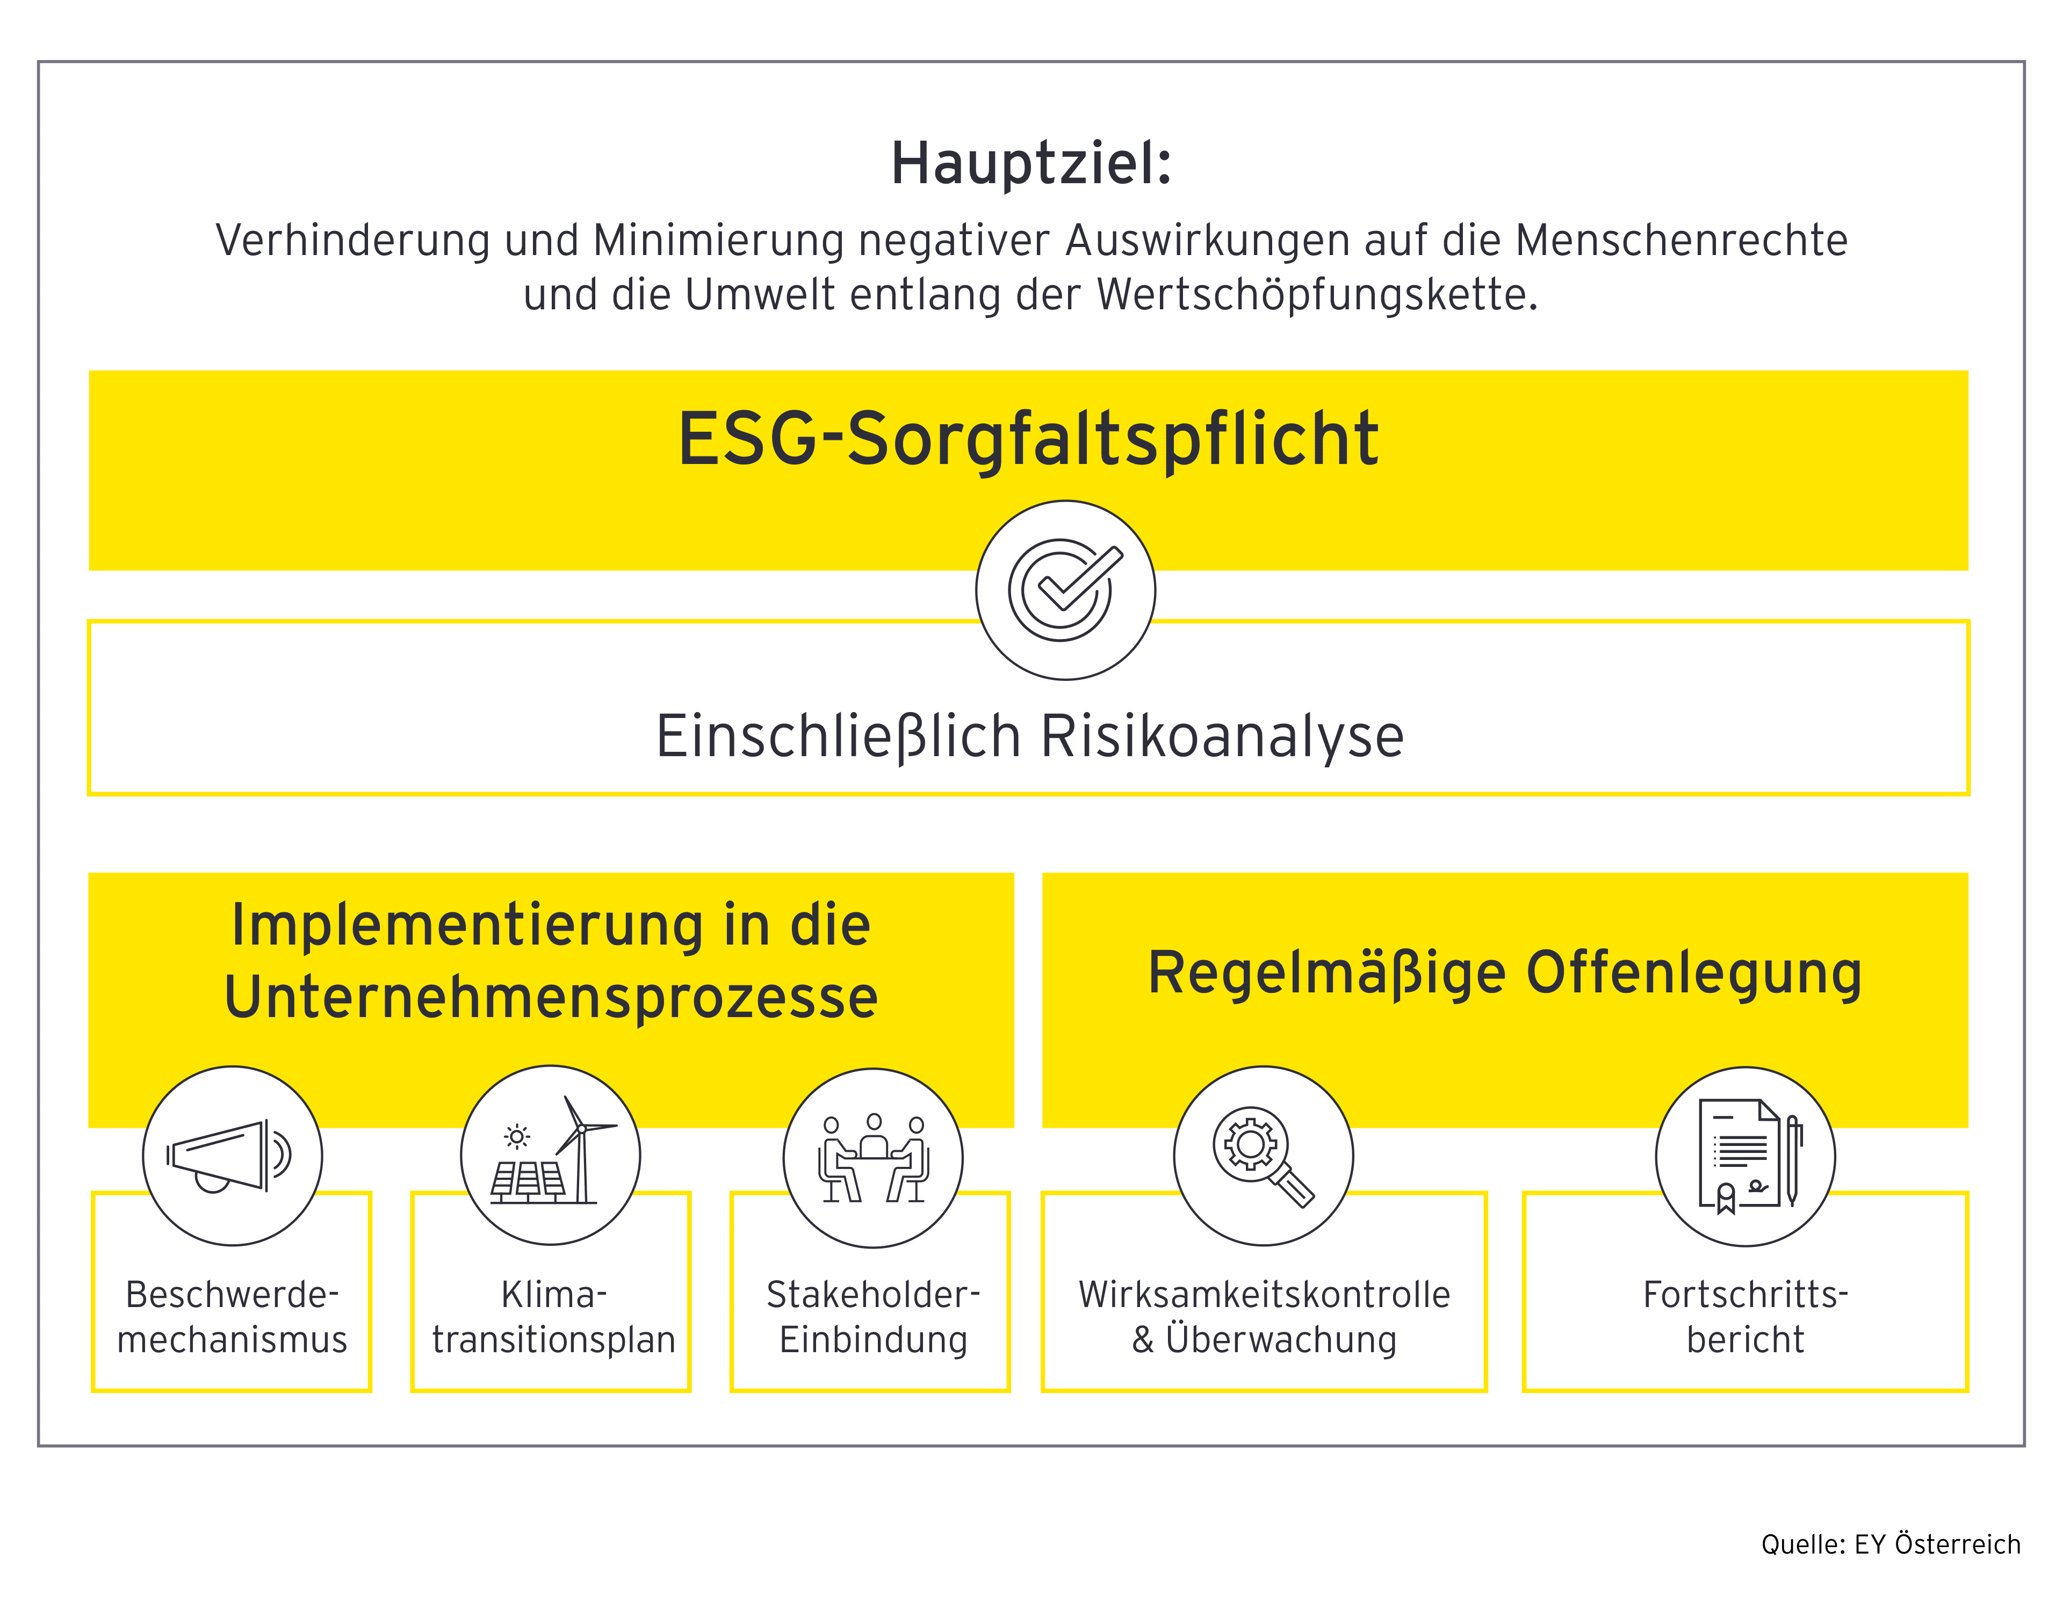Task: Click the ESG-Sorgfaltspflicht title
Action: (1029, 439)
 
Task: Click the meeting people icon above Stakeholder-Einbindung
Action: (873, 1158)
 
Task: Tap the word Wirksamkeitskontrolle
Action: (1265, 1295)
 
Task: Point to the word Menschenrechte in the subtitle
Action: (1682, 241)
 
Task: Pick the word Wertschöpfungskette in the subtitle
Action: (1318, 295)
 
